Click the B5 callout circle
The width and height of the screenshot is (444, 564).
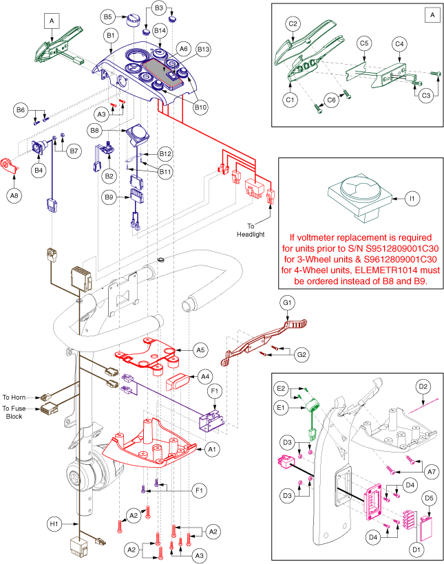[107, 16]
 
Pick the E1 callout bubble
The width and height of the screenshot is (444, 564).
[282, 407]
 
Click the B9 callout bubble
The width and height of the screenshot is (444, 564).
[109, 197]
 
